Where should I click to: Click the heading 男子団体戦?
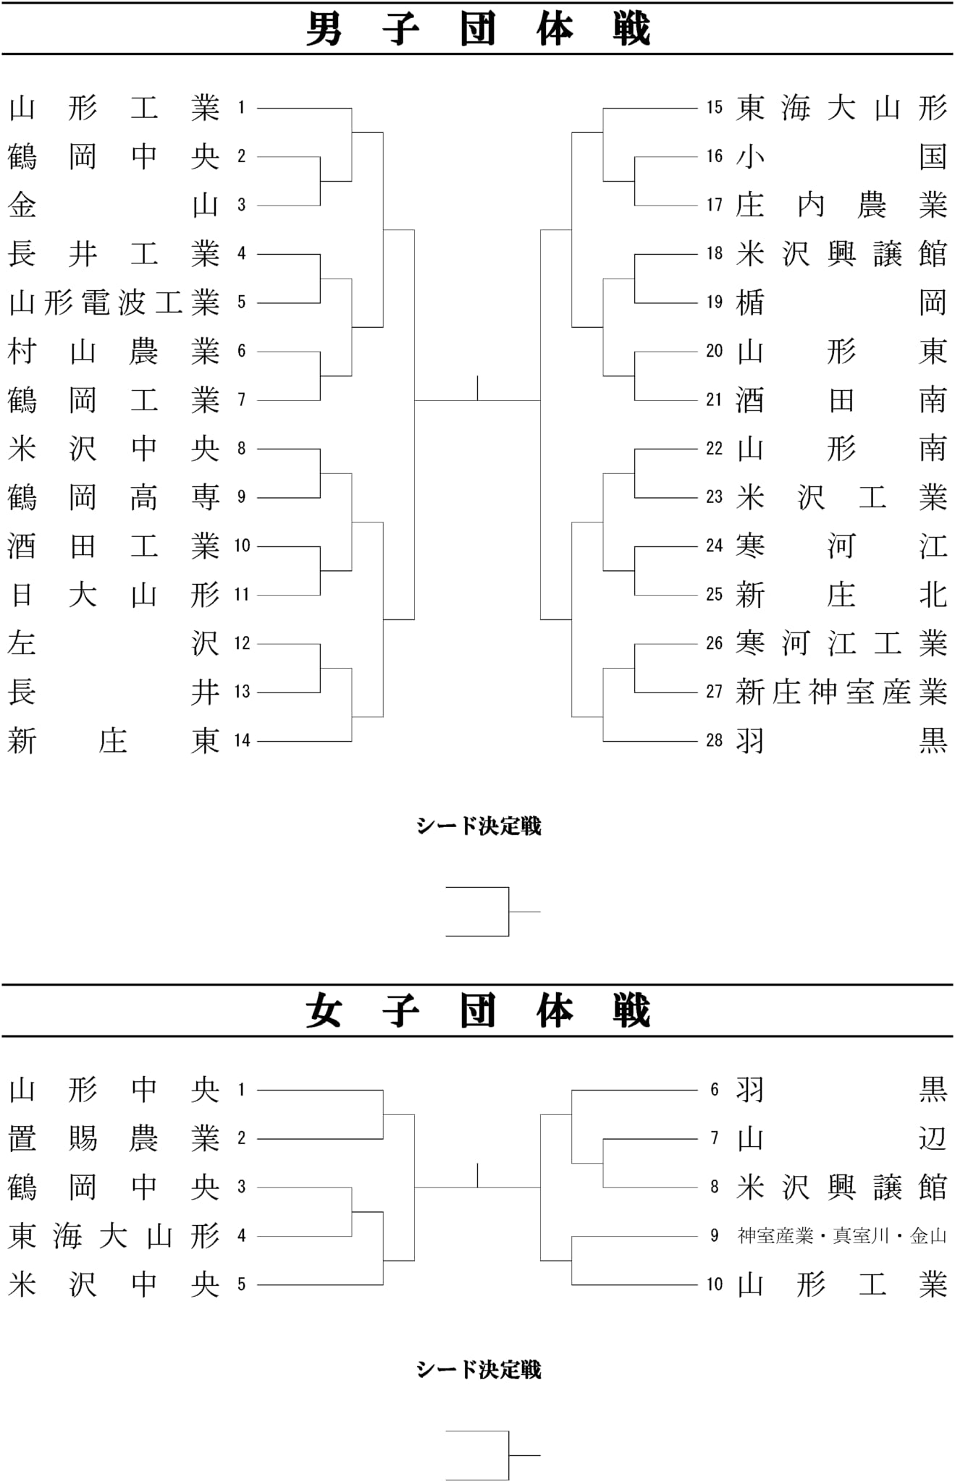click(x=478, y=29)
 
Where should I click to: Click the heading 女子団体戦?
click(x=478, y=1010)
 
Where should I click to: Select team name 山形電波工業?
click(x=114, y=302)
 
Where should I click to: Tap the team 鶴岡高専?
click(x=114, y=497)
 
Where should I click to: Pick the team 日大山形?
click(x=114, y=595)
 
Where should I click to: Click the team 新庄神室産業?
click(x=841, y=693)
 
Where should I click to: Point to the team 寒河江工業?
click(x=841, y=643)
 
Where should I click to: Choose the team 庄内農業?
click(x=841, y=206)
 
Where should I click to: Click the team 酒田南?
click(x=841, y=400)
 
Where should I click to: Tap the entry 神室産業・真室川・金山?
click(x=842, y=1236)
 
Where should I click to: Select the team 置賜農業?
click(x=114, y=1138)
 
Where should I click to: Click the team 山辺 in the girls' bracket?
click(x=841, y=1138)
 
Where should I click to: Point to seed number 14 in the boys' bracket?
click(x=242, y=740)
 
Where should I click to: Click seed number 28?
click(x=715, y=740)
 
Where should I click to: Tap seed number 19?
click(x=715, y=302)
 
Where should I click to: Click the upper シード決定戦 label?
click(x=479, y=826)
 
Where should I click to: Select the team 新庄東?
click(x=114, y=741)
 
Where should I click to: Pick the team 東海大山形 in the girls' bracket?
click(x=114, y=1236)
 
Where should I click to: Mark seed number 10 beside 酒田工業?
click(x=242, y=546)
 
